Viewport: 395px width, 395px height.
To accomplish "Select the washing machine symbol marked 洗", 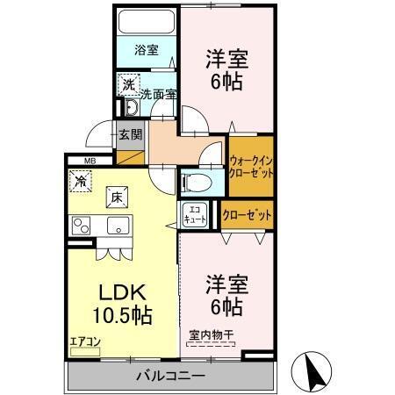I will click(128, 84).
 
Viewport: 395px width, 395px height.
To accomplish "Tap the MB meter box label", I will click(90, 161).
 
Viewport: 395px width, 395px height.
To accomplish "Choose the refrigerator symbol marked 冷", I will click(81, 183).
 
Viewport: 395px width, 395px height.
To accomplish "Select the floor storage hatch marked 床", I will click(116, 197).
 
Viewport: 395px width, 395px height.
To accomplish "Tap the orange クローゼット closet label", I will click(246, 215).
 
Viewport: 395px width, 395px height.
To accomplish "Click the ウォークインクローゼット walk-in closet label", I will click(250, 167).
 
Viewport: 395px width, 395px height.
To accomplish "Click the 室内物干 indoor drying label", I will click(211, 334).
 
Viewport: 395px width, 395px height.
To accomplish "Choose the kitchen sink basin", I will click(117, 226).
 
